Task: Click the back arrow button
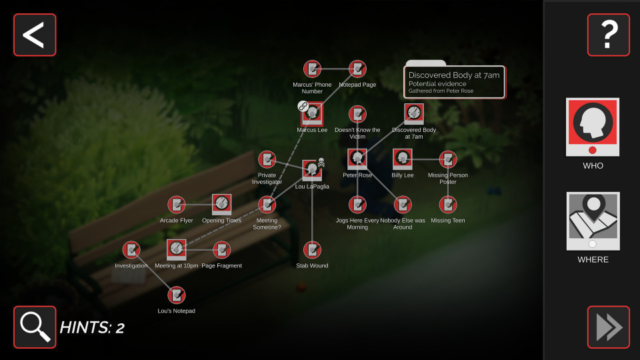click(35, 35)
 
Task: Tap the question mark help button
click(608, 35)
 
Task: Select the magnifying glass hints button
click(35, 327)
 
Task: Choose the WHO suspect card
click(593, 127)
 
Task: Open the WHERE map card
click(593, 221)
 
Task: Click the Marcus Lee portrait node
click(312, 114)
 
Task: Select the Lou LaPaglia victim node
click(312, 170)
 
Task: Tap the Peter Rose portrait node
click(357, 159)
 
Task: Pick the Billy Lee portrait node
click(403, 159)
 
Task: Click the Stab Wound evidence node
click(312, 250)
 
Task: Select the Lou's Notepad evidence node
click(176, 295)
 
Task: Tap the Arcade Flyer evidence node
click(176, 205)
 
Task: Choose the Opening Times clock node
click(221, 205)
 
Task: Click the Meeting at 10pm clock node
click(176, 250)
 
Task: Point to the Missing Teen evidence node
click(448, 205)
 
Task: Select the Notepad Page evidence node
click(357, 69)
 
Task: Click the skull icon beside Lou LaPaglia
click(321, 163)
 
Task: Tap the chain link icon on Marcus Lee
click(303, 106)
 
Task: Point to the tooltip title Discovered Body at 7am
click(454, 75)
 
